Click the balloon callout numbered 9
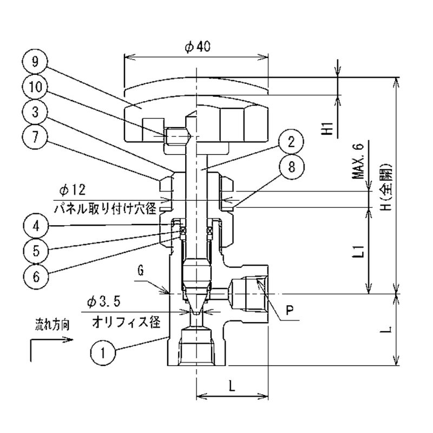click(x=35, y=61)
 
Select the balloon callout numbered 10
click(x=35, y=87)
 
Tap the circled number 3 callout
click(x=35, y=112)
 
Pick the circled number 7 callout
click(x=35, y=137)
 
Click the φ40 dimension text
click(x=197, y=48)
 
